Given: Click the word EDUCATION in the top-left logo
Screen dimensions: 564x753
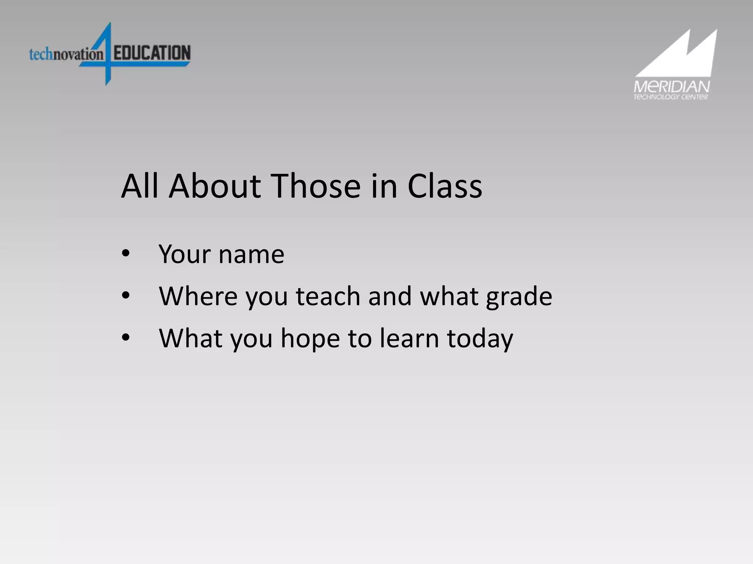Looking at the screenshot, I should coord(152,53).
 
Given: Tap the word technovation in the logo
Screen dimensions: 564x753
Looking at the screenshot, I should coord(66,54).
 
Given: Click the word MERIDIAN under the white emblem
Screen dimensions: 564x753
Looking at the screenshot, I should coord(671,87).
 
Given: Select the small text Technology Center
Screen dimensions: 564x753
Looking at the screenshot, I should coord(670,97).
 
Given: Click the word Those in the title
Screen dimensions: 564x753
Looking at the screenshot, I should coord(315,186).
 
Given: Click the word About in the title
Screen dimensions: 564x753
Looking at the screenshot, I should coord(214,186).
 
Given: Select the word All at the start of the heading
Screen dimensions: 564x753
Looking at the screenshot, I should coord(140,186).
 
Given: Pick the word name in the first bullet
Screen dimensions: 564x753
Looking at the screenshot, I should coord(251,254).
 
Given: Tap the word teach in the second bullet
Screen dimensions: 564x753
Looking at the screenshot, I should coord(328,296).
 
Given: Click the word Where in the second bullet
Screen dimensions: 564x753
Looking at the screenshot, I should coord(198,296).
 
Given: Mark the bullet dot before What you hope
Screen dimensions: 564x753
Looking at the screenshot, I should coord(126,337).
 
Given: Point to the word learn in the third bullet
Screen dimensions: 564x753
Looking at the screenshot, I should coord(409,338).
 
